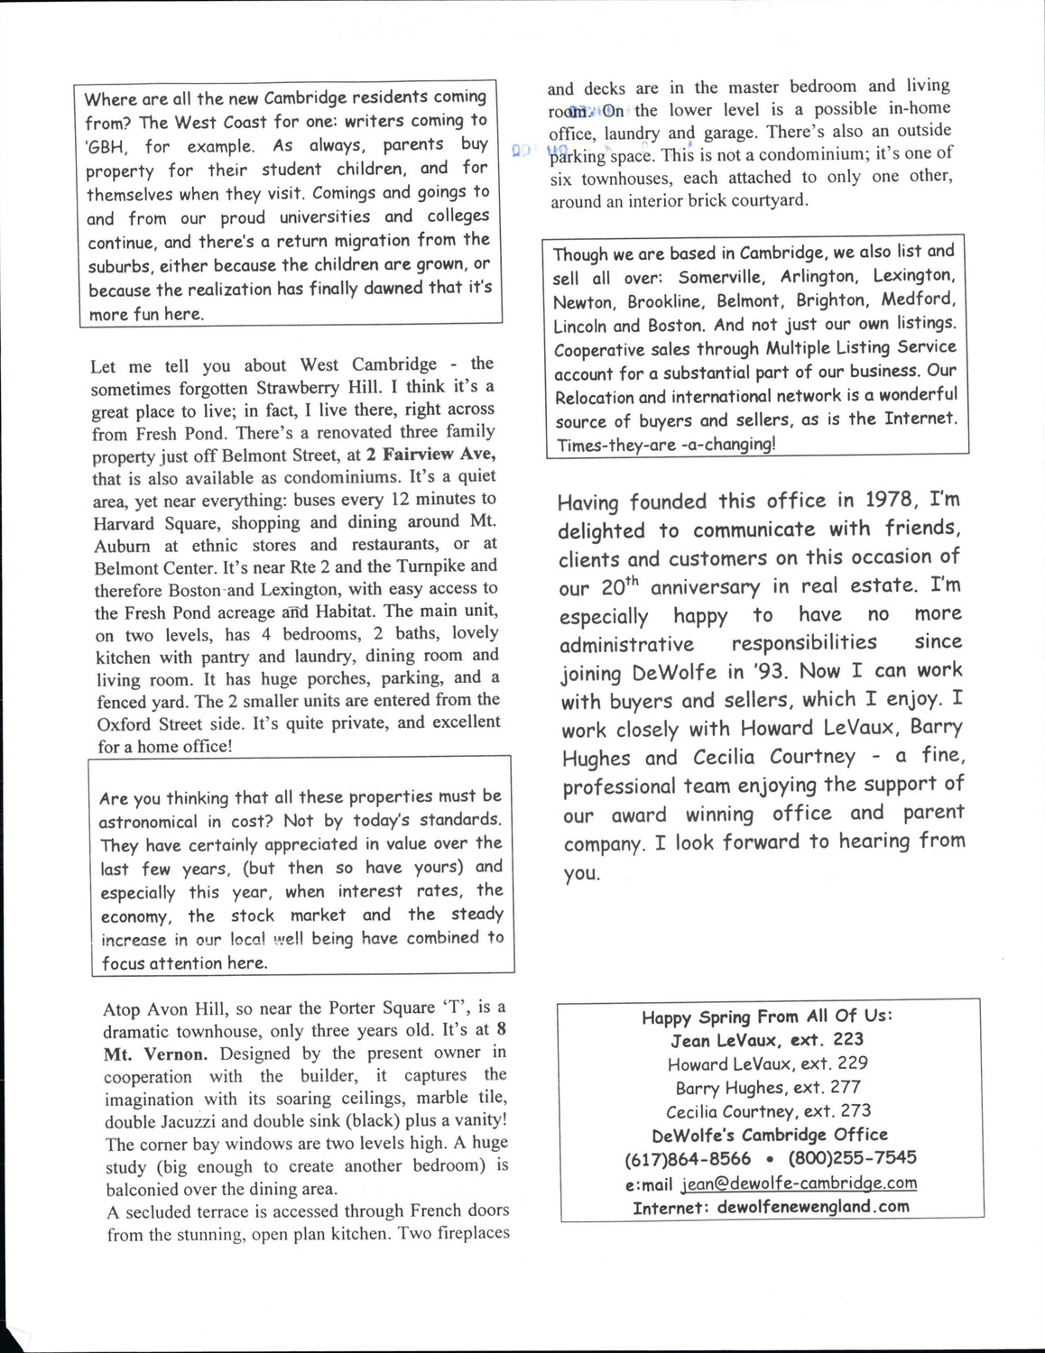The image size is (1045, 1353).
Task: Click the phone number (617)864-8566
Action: pyautogui.click(x=687, y=1158)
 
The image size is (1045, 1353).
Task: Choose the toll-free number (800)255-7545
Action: pyautogui.click(x=852, y=1157)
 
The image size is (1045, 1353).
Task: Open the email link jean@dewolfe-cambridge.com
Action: pyautogui.click(x=799, y=1183)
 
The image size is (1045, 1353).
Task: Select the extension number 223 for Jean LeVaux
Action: pyautogui.click(x=848, y=1039)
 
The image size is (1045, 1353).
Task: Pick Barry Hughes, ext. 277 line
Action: pyautogui.click(x=768, y=1088)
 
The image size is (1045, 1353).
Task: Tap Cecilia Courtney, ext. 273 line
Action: pyautogui.click(x=768, y=1111)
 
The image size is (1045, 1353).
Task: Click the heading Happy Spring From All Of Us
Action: pyautogui.click(x=767, y=1017)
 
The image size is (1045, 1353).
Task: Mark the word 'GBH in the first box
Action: pyautogui.click(x=106, y=147)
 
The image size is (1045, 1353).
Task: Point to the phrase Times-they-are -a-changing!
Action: pyautogui.click(x=665, y=445)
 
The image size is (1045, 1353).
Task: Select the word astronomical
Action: pyautogui.click(x=148, y=822)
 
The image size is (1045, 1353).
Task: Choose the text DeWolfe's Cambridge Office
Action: pyautogui.click(x=769, y=1135)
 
